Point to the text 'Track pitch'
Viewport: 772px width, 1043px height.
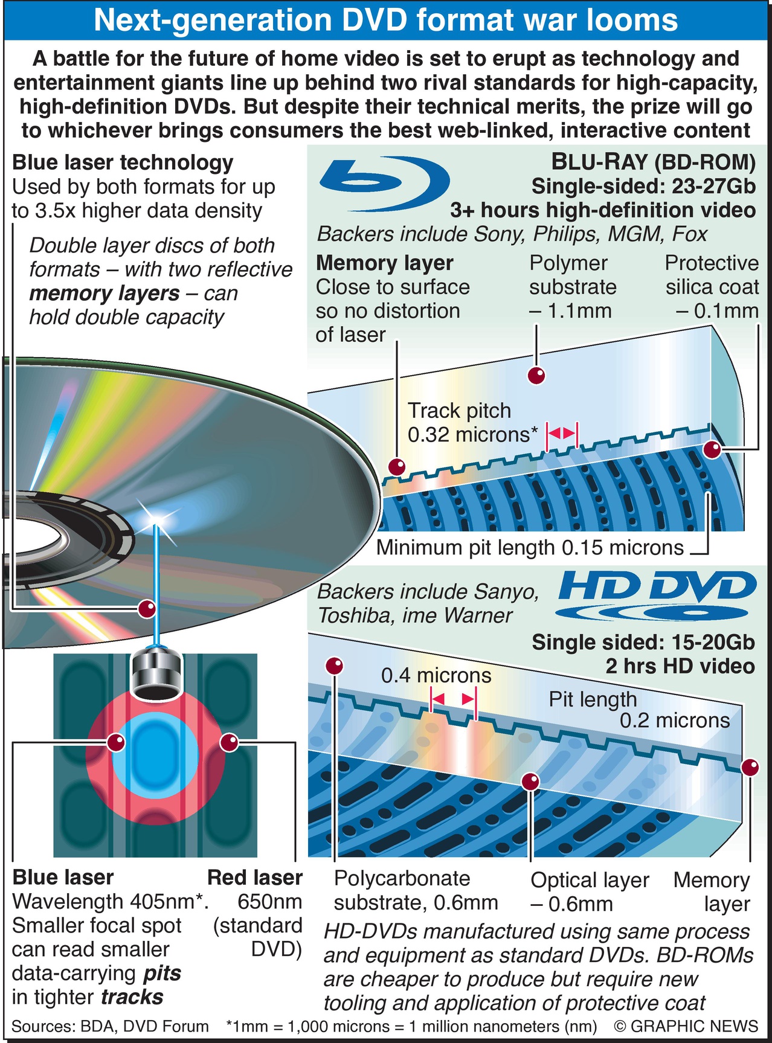tap(459, 411)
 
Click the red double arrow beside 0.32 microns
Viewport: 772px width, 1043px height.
tap(562, 434)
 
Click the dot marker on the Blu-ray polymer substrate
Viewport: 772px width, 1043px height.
tap(536, 375)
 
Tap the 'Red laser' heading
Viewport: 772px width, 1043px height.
tap(254, 877)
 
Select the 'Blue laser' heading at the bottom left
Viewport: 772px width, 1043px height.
tap(63, 877)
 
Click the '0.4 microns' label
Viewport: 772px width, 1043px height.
tap(436, 675)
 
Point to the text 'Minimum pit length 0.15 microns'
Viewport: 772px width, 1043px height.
tap(530, 547)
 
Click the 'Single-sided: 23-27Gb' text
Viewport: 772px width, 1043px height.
tap(643, 186)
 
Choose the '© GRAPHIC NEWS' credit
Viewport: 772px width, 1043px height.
tap(686, 1026)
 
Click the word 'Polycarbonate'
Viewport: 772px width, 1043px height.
tap(402, 879)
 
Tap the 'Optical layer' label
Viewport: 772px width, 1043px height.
tap(590, 880)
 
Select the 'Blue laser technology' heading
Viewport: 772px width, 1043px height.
tap(123, 162)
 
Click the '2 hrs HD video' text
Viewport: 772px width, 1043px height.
tap(680, 666)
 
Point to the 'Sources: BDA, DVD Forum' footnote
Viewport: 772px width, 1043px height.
tap(110, 1026)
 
